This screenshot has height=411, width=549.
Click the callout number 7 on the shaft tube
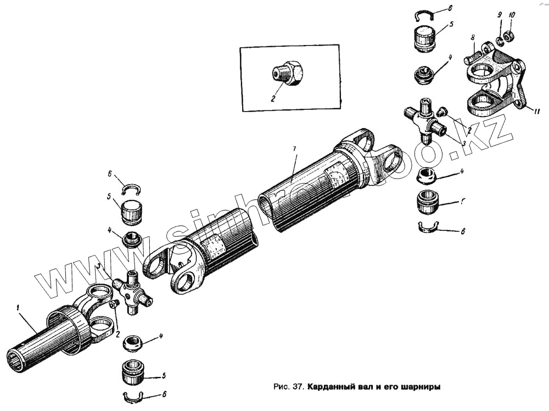(x=294, y=150)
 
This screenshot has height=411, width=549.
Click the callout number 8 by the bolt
(x=472, y=37)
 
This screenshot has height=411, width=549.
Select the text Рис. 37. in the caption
(x=289, y=386)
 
